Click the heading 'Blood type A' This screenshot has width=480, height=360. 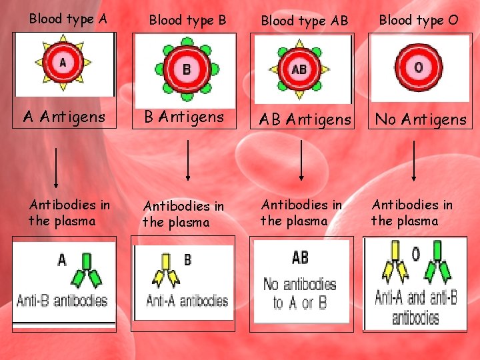tap(67, 19)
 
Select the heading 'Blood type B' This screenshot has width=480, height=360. tap(187, 21)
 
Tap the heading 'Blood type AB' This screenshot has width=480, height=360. tap(304, 21)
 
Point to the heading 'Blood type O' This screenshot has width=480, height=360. tap(419, 19)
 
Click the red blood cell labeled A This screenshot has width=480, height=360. tap(63, 64)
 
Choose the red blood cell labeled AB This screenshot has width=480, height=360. tap(299, 69)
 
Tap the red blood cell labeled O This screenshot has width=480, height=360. tap(418, 67)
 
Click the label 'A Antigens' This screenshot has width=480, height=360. tap(64, 117)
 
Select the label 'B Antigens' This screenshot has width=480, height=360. tap(184, 117)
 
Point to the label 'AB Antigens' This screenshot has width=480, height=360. tap(305, 119)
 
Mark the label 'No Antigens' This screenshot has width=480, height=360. tap(421, 119)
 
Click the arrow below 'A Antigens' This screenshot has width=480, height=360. tap(56, 167)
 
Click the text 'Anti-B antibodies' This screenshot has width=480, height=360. tap(63, 300)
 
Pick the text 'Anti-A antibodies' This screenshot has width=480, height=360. tap(187, 301)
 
